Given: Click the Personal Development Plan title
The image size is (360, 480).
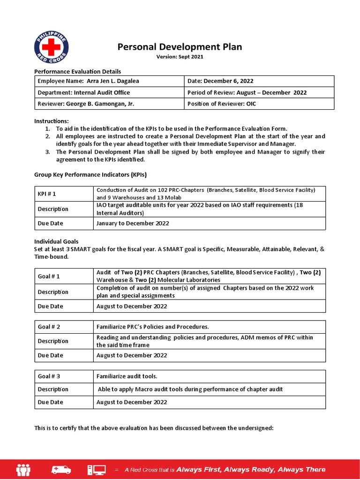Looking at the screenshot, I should click(x=180, y=47).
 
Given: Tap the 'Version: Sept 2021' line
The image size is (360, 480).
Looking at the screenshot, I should click(x=180, y=57).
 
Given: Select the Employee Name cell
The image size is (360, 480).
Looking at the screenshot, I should click(x=109, y=81).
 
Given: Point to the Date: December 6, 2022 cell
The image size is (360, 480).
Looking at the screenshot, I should click(x=259, y=81).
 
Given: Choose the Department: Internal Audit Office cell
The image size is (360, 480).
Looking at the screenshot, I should click(x=109, y=92).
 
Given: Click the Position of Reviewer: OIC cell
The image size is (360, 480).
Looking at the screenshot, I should click(x=259, y=104).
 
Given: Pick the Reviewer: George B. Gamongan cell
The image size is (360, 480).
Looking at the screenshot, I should click(x=109, y=104).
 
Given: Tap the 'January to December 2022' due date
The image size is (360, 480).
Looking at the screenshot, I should click(x=133, y=224).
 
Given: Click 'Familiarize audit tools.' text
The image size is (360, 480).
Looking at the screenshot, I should click(x=127, y=376).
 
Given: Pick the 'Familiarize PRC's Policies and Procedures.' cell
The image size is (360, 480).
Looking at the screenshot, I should click(x=152, y=327).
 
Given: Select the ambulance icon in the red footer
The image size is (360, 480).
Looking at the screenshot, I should click(x=62, y=469).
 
